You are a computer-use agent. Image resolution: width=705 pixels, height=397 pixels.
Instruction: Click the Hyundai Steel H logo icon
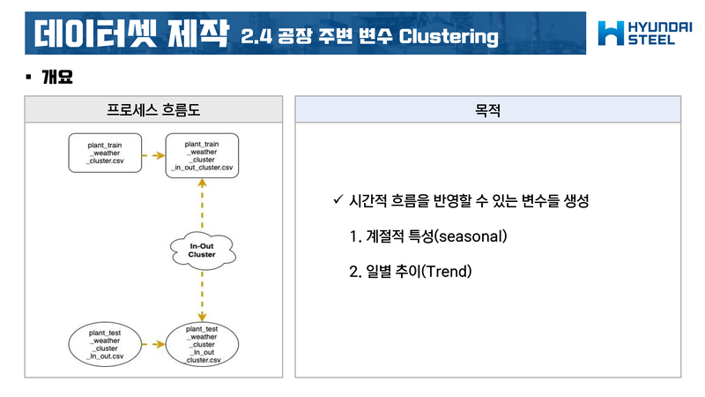point(609,33)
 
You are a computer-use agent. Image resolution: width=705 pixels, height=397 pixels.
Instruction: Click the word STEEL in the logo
point(651,41)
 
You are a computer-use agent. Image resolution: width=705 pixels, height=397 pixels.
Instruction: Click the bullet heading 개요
point(56,77)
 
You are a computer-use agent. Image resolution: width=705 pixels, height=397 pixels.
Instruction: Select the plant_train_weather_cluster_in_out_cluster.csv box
point(202,154)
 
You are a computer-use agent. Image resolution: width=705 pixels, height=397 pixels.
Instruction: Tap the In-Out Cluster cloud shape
point(202,249)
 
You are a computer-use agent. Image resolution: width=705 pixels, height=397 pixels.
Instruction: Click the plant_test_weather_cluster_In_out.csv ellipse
point(104,344)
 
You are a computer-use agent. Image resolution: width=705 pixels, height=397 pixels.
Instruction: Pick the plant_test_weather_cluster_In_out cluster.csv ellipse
point(202,344)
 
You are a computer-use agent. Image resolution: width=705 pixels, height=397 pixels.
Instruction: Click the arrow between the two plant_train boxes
point(153,154)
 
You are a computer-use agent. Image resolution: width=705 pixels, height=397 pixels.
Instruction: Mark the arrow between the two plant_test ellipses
point(153,344)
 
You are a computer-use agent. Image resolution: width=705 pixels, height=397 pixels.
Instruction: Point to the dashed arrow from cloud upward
point(202,203)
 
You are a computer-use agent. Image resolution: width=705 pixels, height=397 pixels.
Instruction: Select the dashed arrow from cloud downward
point(202,296)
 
